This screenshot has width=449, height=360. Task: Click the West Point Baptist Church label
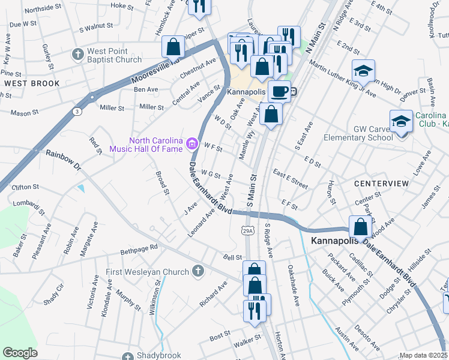click(114, 55)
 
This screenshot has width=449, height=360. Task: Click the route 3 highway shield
click(77, 112)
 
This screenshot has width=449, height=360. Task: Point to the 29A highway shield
click(249, 230)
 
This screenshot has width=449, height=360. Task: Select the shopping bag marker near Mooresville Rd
click(173, 47)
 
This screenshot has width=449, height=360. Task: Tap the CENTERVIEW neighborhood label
click(381, 182)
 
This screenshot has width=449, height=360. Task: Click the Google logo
click(20, 353)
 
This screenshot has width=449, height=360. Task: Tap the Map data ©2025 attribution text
click(424, 356)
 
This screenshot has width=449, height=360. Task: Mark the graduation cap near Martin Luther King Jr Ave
click(363, 71)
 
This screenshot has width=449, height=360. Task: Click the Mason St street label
click(24, 112)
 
